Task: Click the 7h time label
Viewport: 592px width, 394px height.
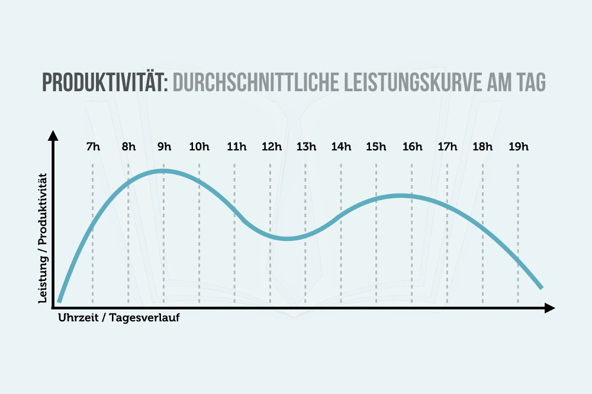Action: (x=94, y=147)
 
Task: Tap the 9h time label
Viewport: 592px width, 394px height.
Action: (x=164, y=147)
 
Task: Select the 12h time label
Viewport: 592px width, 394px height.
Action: (x=272, y=147)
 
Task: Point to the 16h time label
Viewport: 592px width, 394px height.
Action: (x=412, y=147)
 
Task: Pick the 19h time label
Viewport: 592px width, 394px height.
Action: (x=519, y=147)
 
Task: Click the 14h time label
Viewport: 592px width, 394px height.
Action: (x=341, y=147)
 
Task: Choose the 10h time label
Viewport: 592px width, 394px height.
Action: (x=199, y=147)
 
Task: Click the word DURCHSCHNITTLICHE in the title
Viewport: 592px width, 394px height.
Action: (x=256, y=82)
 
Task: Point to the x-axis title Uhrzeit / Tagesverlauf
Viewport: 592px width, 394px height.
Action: (x=119, y=318)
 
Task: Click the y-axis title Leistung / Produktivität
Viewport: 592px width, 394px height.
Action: (x=43, y=238)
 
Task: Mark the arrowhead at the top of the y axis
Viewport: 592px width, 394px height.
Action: (x=54, y=135)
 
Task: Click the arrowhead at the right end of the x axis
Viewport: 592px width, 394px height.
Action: (x=550, y=308)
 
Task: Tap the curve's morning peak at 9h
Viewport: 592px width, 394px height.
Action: (x=163, y=171)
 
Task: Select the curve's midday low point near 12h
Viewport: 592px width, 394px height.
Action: (x=287, y=238)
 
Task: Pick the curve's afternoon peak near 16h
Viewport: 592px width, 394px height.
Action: (x=400, y=196)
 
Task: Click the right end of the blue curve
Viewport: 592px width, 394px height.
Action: (x=542, y=288)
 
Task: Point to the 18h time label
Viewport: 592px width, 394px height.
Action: (x=482, y=147)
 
